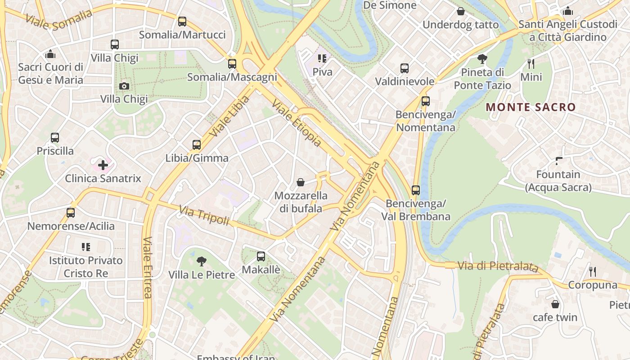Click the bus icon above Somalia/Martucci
pyautogui.click(x=182, y=21)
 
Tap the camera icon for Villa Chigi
pyautogui.click(x=124, y=85)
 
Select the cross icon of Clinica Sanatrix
pyautogui.click(x=103, y=165)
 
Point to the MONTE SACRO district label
pyautogui.click(x=531, y=107)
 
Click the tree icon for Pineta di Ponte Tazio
pyautogui.click(x=482, y=59)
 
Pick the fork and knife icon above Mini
pyautogui.click(x=531, y=64)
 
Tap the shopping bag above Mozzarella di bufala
pyautogui.click(x=301, y=182)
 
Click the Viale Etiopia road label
pyautogui.click(x=297, y=123)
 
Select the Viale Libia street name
pyautogui.click(x=229, y=116)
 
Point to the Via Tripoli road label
pyautogui.click(x=204, y=215)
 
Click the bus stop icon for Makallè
pyautogui.click(x=261, y=256)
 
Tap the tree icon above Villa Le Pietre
pyautogui.click(x=202, y=261)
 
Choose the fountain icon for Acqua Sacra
pyautogui.click(x=558, y=161)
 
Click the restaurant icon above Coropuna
pyautogui.click(x=593, y=272)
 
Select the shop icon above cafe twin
pyautogui.click(x=555, y=304)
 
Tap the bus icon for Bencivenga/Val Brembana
pyautogui.click(x=416, y=190)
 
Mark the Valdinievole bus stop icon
pyautogui.click(x=405, y=68)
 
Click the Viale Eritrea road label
pyautogui.click(x=147, y=267)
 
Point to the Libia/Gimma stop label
pyautogui.click(x=197, y=158)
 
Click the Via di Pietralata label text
pyautogui.click(x=498, y=266)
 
